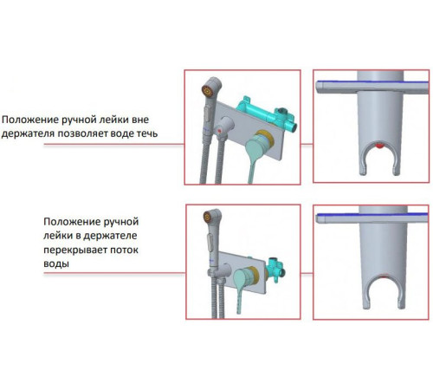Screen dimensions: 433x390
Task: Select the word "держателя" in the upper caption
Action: [x=28, y=134]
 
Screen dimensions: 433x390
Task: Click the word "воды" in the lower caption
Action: [x=56, y=264]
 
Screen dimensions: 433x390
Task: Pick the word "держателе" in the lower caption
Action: [x=110, y=236]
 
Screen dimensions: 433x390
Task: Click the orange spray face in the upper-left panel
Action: [x=208, y=91]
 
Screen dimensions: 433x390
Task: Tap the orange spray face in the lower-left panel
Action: [x=208, y=217]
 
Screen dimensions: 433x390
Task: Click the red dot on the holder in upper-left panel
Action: [x=220, y=131]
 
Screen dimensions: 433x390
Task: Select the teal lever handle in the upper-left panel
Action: [x=254, y=156]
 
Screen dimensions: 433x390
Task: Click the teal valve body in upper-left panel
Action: [x=267, y=114]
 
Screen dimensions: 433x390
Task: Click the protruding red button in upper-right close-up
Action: [x=379, y=146]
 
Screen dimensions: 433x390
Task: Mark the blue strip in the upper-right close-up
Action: [x=372, y=82]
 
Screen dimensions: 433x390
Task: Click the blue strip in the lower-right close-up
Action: [x=372, y=214]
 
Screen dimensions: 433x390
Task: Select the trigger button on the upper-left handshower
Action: [x=207, y=114]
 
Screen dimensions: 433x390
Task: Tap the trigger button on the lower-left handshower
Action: [x=210, y=243]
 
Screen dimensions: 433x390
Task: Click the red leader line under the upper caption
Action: [x=114, y=144]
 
